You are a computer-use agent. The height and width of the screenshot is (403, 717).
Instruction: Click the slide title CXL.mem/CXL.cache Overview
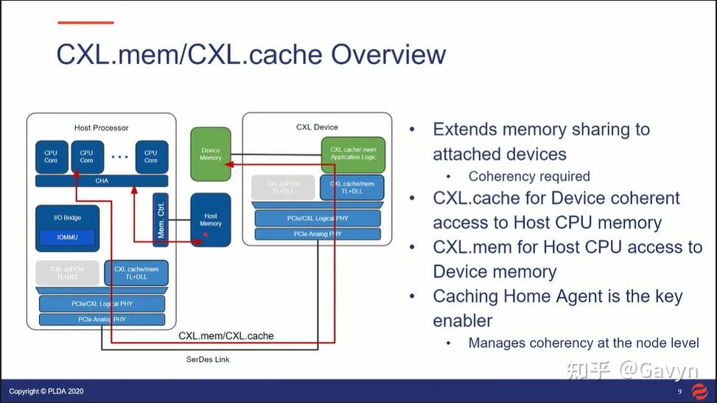click(x=251, y=55)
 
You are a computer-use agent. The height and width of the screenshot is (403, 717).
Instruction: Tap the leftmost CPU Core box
click(x=51, y=157)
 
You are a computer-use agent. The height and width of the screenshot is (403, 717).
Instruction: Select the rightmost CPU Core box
click(x=151, y=157)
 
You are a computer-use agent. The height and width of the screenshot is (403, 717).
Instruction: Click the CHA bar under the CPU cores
click(x=102, y=181)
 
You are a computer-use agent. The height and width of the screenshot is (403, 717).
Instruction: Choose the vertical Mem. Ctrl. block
click(x=161, y=220)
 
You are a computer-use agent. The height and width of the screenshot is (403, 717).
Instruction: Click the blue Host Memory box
click(x=210, y=220)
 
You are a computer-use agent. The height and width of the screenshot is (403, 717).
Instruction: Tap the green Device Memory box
click(x=210, y=154)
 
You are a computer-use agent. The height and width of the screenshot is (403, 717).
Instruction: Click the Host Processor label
click(x=102, y=128)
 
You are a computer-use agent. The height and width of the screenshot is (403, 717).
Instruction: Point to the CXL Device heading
click(x=317, y=127)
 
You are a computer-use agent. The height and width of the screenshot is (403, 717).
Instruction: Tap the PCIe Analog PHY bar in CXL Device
click(x=318, y=234)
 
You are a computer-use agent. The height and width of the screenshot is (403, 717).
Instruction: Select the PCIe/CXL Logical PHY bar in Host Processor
click(x=102, y=304)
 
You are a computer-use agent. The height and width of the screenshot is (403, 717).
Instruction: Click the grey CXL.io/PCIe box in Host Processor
click(x=67, y=273)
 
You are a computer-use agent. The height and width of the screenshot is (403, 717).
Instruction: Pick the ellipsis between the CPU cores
click(x=119, y=157)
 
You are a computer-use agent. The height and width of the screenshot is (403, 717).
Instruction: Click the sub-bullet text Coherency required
click(x=529, y=176)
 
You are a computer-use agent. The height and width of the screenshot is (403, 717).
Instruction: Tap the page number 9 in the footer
click(x=679, y=391)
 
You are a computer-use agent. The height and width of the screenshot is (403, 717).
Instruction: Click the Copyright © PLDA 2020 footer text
click(x=46, y=391)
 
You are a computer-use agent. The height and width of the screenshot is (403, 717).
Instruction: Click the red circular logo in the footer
click(x=701, y=391)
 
